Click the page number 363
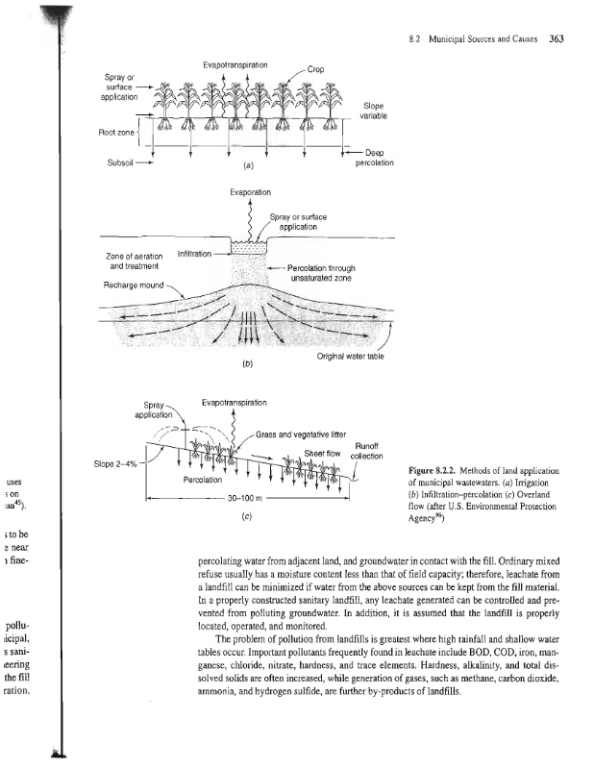[x=556, y=40]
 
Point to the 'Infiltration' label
[x=197, y=254]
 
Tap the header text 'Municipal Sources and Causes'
[x=475, y=40]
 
